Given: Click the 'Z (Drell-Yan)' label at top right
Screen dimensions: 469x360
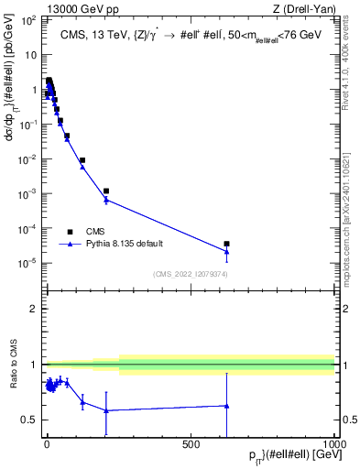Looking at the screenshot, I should (303, 8).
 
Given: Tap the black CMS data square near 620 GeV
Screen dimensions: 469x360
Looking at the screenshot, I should (226, 244).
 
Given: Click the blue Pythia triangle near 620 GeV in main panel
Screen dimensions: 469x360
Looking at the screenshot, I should (226, 251).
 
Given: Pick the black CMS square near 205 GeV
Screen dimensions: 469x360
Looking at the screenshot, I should (106, 191).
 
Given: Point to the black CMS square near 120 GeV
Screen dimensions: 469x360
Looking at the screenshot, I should (82, 160).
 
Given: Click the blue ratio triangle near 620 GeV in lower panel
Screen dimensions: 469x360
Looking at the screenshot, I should (226, 405).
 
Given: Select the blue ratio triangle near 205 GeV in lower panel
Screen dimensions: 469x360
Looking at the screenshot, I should (106, 410).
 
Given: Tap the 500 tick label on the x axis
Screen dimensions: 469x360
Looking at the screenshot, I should (191, 444).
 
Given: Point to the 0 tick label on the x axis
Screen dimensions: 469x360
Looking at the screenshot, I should (47, 444).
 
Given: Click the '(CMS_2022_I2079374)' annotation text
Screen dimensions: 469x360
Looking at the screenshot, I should (191, 273).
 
